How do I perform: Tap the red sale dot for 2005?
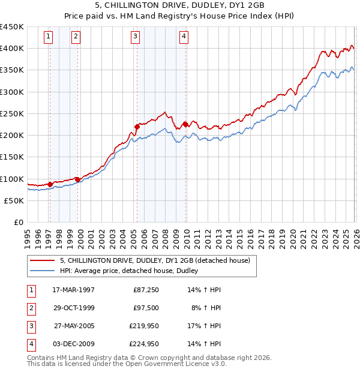[137, 126]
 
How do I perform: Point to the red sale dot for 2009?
[185, 124]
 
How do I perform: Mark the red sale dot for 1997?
[50, 184]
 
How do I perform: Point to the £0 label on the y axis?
[18, 222]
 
